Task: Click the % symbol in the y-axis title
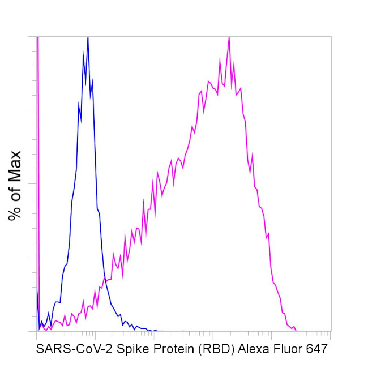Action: (x=15, y=213)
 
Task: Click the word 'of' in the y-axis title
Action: (x=15, y=192)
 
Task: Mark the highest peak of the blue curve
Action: (x=88, y=37)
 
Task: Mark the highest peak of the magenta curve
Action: (x=229, y=37)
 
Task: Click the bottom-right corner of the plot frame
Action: (x=331, y=331)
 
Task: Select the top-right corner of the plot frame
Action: (x=331, y=37)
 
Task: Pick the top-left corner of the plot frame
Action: (x=37, y=37)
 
